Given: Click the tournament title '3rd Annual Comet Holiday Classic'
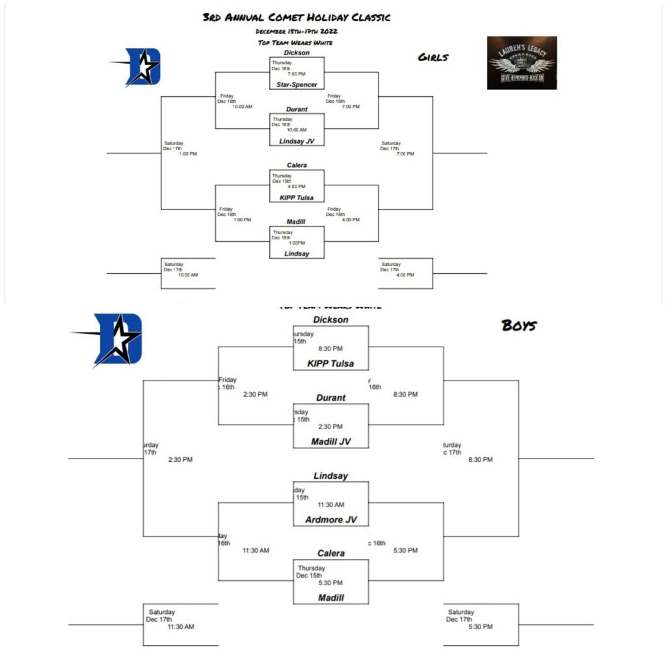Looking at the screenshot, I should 297,18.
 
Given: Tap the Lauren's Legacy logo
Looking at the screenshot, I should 522,62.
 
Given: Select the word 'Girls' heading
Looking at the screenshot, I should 433,58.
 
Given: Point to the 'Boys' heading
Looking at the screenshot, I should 519,326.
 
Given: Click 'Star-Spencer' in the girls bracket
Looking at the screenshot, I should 297,85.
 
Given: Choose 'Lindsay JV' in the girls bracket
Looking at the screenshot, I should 297,141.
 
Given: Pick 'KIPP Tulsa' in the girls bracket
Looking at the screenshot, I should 297,197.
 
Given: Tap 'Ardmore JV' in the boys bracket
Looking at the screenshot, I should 331,520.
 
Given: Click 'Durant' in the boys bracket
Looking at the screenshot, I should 331,397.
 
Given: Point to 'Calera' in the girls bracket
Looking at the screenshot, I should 297,165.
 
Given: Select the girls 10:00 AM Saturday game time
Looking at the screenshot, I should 189,275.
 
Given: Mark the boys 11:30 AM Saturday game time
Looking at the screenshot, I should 181,627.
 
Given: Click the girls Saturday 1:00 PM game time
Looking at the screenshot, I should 188,154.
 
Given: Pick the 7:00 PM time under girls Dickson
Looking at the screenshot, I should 297,74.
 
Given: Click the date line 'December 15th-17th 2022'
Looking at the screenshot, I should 297,31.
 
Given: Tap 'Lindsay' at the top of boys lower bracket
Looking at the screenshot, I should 331,476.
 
